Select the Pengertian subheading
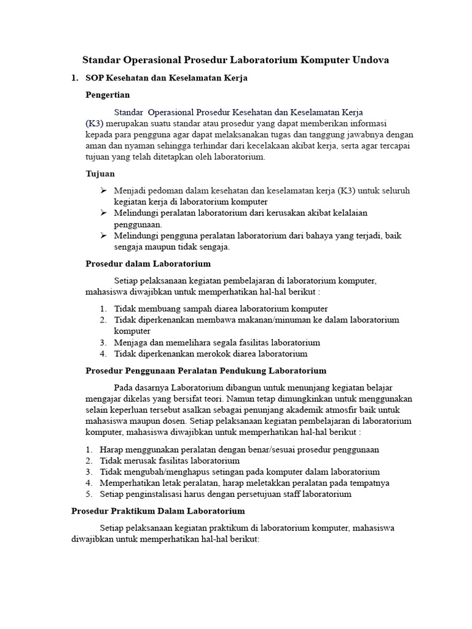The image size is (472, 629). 108,95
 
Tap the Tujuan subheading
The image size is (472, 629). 100,174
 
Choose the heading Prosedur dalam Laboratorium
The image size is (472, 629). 147,264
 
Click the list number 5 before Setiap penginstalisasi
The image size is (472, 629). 88,494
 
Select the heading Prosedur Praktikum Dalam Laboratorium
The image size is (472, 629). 158,510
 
